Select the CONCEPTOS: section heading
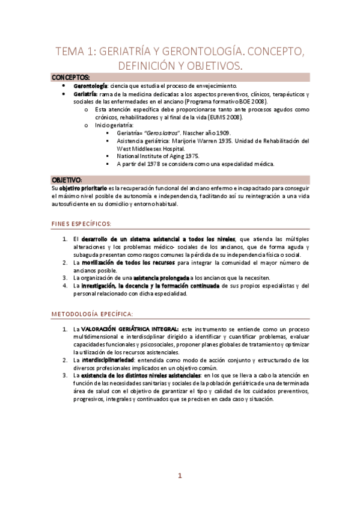point(71,78)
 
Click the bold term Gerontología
point(90,87)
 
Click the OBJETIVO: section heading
point(67,180)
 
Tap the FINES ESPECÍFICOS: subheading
point(84,224)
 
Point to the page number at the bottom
point(180,493)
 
